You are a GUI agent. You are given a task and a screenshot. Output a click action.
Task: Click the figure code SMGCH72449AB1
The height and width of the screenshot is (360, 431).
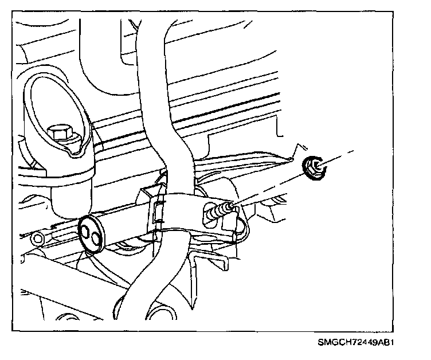(x=358, y=344)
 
